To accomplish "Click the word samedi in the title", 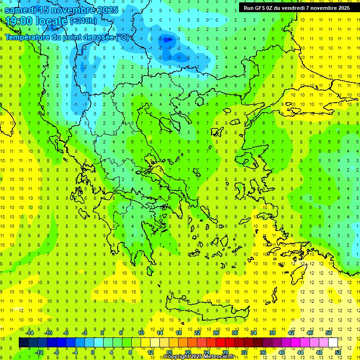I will [x=21, y=10].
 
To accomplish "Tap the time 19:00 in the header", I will [x=19, y=21].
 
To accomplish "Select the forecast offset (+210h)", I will [x=83, y=21].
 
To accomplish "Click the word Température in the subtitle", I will [x=27, y=37].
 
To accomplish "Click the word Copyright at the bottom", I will [x=177, y=357].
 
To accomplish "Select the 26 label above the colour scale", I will [x=216, y=333].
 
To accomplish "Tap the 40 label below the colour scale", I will [x=282, y=352].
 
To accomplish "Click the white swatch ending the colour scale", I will [x=333, y=342].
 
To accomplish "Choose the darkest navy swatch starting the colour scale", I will [x=23, y=342].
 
